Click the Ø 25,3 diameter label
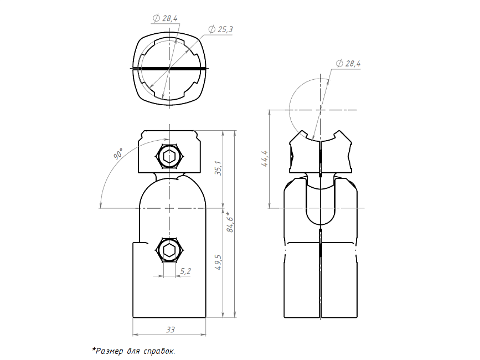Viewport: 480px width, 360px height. pos(220,29)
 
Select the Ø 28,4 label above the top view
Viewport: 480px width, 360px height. pos(165,18)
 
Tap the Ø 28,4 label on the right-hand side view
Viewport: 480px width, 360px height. pos(348,64)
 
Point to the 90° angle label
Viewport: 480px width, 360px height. pos(118,153)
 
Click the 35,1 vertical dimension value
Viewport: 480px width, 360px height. pos(218,168)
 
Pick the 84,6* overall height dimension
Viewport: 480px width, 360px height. pos(230,222)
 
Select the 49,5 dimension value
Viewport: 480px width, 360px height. pos(218,262)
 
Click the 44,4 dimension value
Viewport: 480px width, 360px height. pos(265,158)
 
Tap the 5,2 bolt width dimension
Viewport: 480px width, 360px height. pos(185,271)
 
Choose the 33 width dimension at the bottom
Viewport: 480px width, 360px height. pos(170,330)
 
